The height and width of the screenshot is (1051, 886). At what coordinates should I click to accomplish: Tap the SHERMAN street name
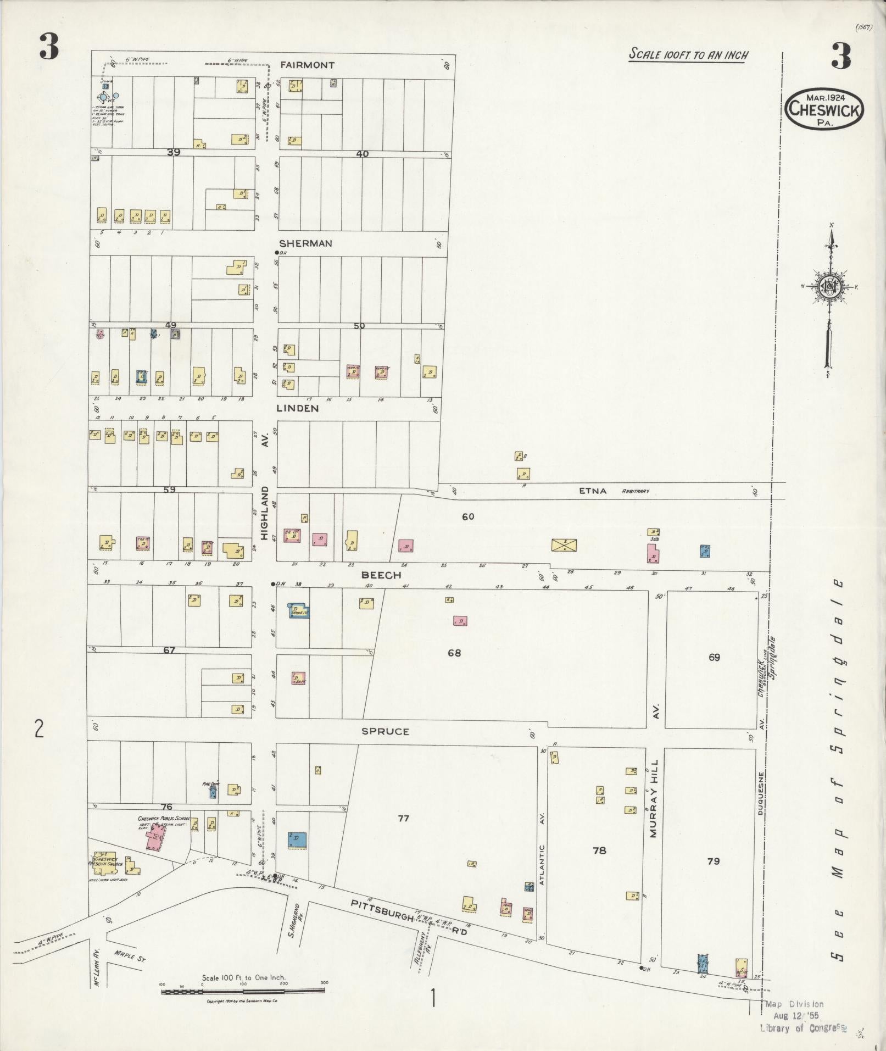coord(305,243)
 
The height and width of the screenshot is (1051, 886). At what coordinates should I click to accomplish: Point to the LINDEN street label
coord(297,408)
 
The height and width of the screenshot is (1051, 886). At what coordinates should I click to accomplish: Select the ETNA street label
coord(593,491)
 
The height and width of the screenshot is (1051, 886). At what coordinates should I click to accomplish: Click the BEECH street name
coord(381,575)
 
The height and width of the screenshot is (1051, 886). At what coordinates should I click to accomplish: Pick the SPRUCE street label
coord(385,731)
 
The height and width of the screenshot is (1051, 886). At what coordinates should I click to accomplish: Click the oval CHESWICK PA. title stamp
coord(824,109)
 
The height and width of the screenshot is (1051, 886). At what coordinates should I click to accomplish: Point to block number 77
coord(403,833)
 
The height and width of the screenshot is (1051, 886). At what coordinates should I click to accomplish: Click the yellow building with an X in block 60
coord(564,545)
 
